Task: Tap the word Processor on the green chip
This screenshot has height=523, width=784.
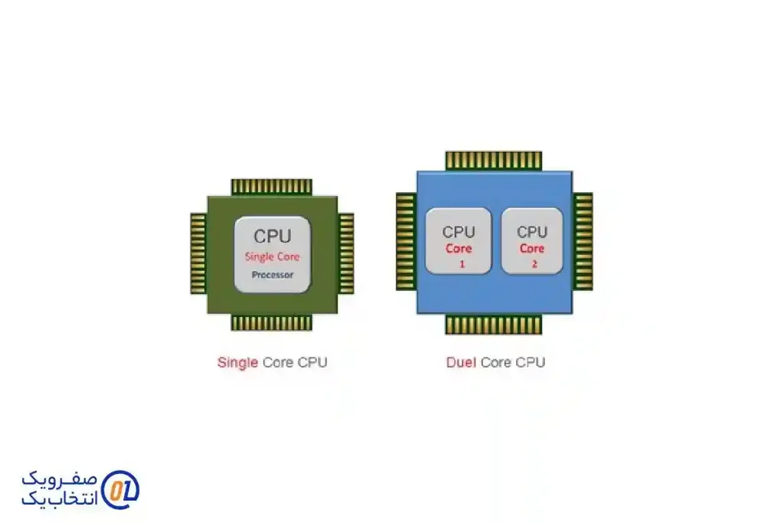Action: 273,275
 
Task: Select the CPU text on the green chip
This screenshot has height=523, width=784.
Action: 273,237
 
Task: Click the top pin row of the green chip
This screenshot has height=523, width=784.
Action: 272,186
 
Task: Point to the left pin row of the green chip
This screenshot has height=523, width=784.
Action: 198,253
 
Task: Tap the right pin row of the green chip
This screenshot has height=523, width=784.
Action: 346,253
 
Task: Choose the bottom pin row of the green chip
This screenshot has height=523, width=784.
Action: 272,322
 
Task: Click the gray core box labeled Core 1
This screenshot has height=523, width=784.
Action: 459,241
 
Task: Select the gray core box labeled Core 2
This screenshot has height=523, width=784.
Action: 532,241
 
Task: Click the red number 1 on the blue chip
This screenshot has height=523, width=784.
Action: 462,264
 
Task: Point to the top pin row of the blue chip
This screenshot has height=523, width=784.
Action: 494,160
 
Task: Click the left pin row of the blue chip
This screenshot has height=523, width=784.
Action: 406,241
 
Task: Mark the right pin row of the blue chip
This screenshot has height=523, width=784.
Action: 583,241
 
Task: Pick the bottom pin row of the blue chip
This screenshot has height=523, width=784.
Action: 494,325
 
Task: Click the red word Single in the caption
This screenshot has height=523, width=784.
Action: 237,362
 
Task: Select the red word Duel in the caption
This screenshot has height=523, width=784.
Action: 461,362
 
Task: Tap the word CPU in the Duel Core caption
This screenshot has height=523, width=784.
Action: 531,362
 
